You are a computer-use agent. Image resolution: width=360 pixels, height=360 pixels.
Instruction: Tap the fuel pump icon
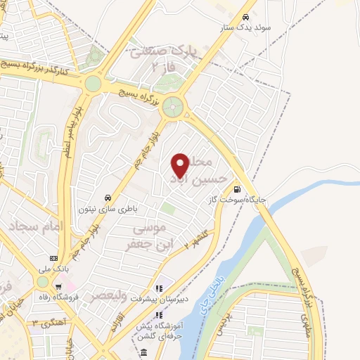pyautogui.click(x=238, y=188)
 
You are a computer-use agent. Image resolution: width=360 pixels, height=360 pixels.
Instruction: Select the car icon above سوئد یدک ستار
pyautogui.click(x=245, y=17)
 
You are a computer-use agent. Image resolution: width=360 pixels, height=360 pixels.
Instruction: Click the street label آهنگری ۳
pyautogui.click(x=43, y=321)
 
